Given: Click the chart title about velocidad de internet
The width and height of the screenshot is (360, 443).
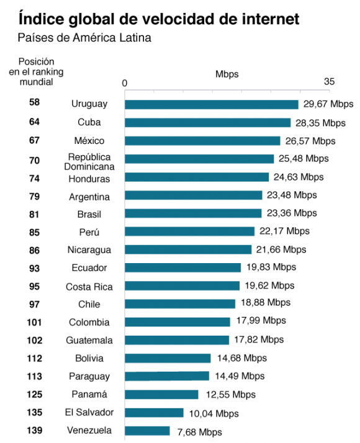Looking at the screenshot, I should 159,19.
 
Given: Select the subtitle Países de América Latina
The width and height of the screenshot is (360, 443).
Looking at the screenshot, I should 85,38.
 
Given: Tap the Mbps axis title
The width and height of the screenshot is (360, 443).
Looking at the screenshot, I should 227,74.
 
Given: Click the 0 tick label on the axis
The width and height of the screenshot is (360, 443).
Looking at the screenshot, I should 125,83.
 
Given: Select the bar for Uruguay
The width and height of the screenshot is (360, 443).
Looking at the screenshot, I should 212,104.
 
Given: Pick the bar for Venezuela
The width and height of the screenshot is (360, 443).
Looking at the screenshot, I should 147,431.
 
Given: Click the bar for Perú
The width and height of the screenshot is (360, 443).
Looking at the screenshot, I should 189,231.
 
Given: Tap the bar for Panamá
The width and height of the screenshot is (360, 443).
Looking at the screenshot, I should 161,395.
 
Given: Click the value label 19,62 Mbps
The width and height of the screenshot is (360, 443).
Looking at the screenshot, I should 269,286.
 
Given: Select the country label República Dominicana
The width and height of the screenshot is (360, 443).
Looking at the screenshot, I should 89,162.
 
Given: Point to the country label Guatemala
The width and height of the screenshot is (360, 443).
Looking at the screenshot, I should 89,340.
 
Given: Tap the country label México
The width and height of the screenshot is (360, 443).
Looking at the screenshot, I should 89,141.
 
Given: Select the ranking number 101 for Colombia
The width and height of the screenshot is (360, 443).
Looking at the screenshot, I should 34,321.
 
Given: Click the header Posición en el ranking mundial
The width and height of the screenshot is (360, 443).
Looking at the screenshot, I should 35,71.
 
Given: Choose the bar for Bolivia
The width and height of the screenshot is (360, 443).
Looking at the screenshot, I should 168,358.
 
